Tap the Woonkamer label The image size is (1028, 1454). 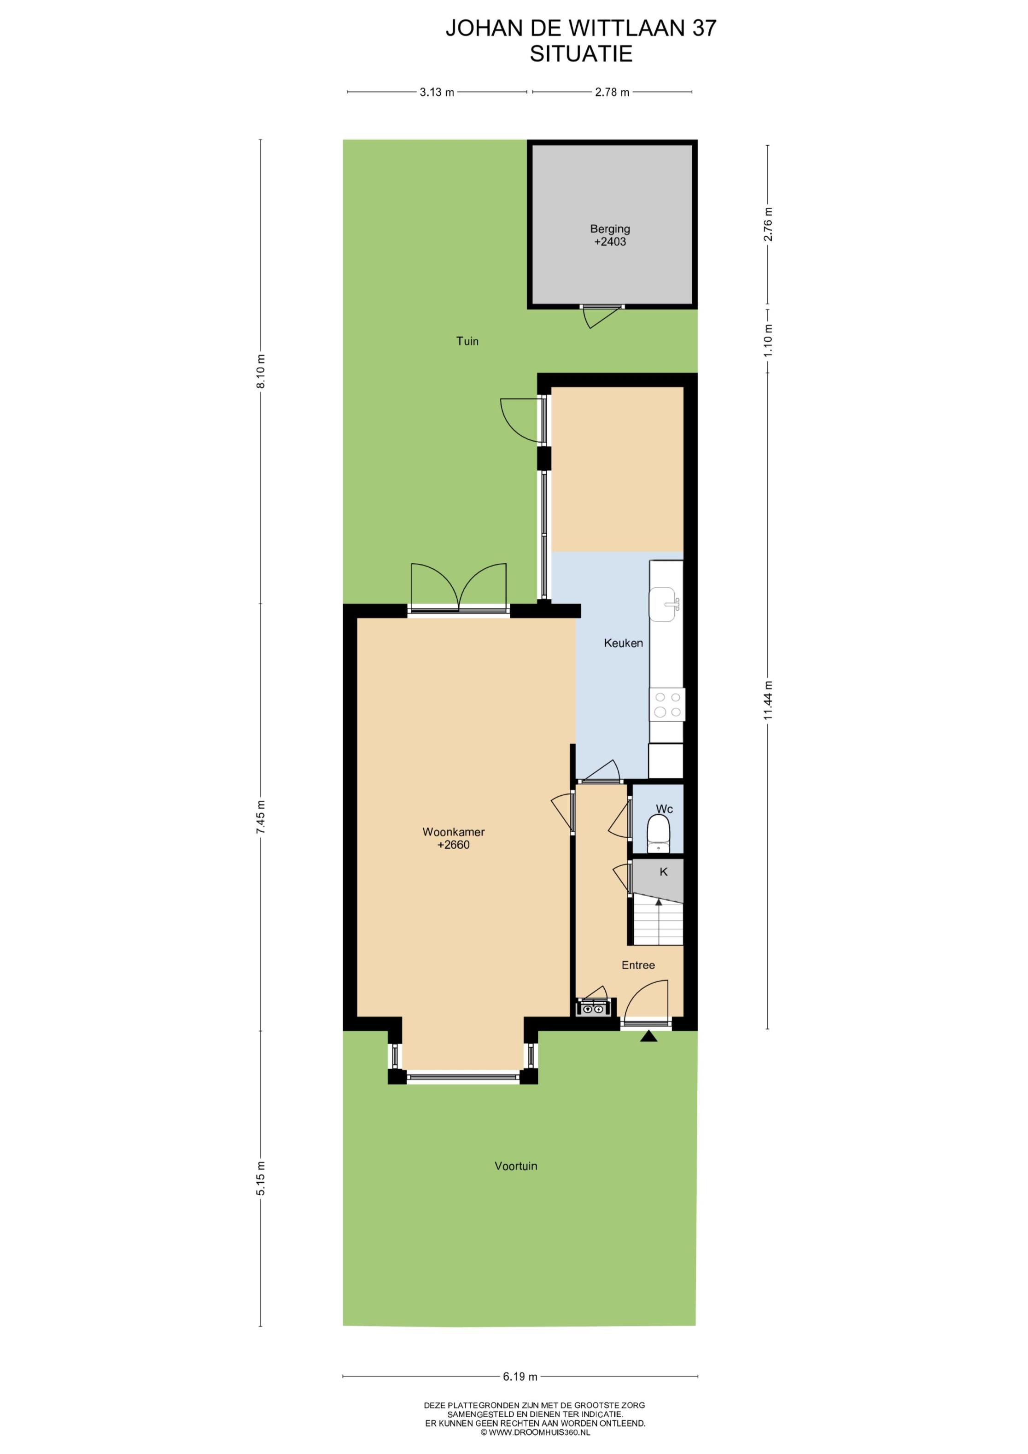click(x=454, y=831)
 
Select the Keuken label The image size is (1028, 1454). click(x=623, y=643)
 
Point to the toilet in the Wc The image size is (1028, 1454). click(x=659, y=834)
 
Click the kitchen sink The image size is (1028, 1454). click(x=665, y=604)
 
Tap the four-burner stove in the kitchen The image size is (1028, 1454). click(x=667, y=705)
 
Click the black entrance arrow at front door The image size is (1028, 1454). click(x=648, y=1036)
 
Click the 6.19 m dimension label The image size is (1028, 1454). click(x=520, y=1376)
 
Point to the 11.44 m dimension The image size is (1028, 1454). click(x=768, y=701)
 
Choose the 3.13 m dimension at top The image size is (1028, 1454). click(x=437, y=92)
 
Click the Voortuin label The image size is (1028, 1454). click(x=515, y=1166)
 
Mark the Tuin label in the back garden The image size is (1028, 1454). click(x=467, y=341)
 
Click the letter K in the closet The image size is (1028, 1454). click(x=664, y=871)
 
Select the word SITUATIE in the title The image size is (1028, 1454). click(x=581, y=54)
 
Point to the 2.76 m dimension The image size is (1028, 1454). click(x=768, y=224)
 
